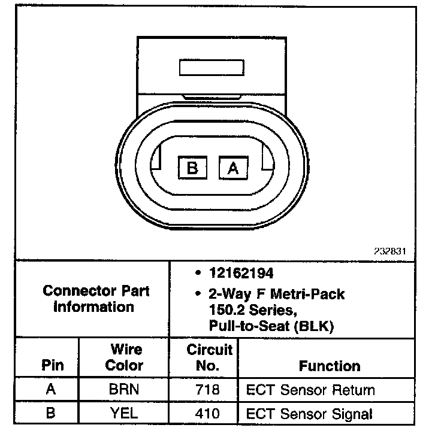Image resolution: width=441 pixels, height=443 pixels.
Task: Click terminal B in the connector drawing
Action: pyautogui.click(x=192, y=168)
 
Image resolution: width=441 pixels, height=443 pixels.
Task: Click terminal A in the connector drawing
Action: pyautogui.click(x=233, y=168)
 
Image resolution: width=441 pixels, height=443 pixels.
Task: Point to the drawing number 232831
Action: pyautogui.click(x=389, y=251)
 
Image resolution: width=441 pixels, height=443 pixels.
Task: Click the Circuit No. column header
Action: pyautogui.click(x=208, y=357)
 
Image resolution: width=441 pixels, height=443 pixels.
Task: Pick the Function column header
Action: pyautogui.click(x=330, y=366)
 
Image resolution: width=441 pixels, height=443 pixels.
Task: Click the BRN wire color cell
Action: pyautogui.click(x=124, y=390)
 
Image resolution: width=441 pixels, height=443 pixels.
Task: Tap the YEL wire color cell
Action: pyautogui.click(x=124, y=413)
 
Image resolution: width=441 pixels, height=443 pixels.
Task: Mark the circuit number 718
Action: pyautogui.click(x=208, y=390)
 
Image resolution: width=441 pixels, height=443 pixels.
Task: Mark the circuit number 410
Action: pyautogui.click(x=208, y=413)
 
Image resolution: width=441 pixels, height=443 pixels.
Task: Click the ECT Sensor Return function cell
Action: pyautogui.click(x=311, y=390)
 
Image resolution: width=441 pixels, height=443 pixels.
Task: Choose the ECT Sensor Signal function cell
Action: pyautogui.click(x=309, y=413)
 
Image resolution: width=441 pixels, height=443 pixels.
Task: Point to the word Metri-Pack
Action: pyautogui.click(x=308, y=295)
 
